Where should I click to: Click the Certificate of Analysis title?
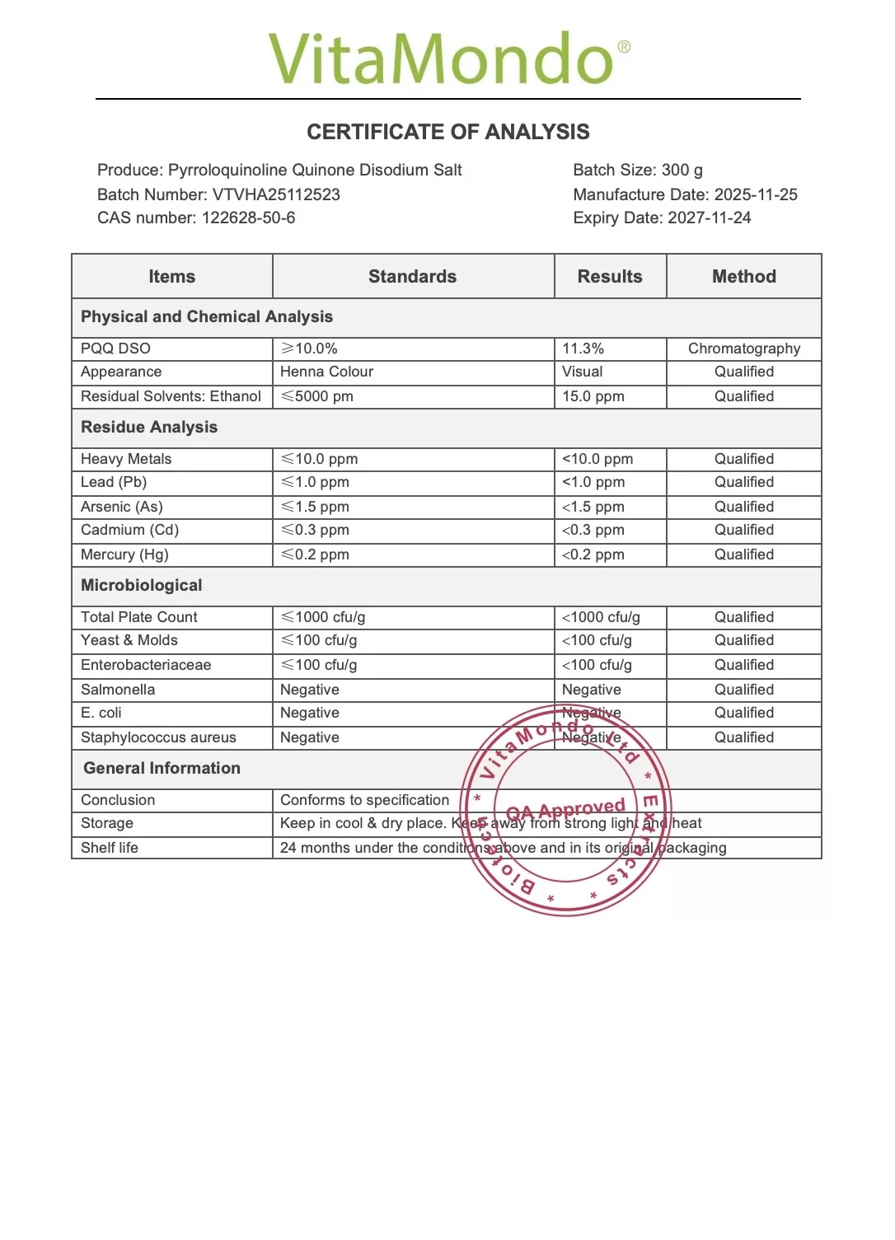tap(448, 132)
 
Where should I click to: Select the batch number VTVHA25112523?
tap(276, 194)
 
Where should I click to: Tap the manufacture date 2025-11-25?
tap(756, 194)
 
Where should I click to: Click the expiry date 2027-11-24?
tap(709, 218)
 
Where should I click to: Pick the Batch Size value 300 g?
tap(682, 171)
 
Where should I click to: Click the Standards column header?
tap(412, 277)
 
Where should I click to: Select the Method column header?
tap(743, 277)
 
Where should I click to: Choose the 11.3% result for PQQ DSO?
tap(583, 349)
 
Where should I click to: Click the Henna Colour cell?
tap(326, 372)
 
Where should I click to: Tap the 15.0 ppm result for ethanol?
tap(593, 396)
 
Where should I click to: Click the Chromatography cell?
tap(743, 349)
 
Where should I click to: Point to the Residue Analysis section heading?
tap(149, 428)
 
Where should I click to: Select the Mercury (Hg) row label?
tap(124, 554)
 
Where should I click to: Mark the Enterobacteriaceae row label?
tap(146, 665)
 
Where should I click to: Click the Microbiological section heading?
tap(141, 586)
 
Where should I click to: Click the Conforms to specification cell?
tap(364, 800)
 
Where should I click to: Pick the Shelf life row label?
tap(110, 848)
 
